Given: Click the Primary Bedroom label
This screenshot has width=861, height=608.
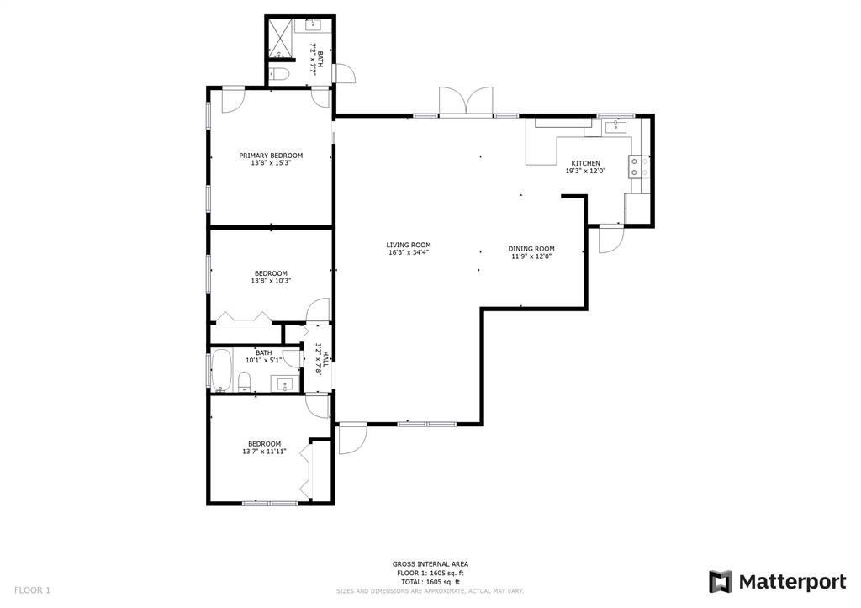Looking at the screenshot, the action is click(x=271, y=156).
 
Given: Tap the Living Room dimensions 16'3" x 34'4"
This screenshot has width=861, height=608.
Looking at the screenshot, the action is click(x=409, y=253).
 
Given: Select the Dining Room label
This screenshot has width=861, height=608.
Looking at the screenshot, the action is click(x=531, y=249).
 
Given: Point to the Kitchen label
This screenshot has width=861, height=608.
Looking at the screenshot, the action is click(x=586, y=163).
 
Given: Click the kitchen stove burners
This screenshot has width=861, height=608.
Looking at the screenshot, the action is click(x=639, y=167).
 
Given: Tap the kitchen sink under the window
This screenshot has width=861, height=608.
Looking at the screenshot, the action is click(x=615, y=128).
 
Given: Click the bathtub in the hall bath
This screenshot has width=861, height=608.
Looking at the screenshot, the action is click(x=221, y=370).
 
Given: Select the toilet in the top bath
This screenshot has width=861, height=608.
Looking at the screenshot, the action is click(x=279, y=75).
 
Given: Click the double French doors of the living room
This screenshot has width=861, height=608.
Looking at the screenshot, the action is click(x=466, y=102).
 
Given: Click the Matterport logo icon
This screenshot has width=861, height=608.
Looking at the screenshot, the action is click(x=721, y=582).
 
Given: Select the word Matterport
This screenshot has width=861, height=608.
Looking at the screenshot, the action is click(x=792, y=582).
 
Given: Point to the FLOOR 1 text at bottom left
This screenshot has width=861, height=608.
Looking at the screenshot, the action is click(x=32, y=590).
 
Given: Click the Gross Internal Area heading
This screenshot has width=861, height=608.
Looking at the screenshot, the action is click(x=430, y=564).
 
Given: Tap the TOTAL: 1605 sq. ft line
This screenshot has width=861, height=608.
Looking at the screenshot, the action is click(x=430, y=582).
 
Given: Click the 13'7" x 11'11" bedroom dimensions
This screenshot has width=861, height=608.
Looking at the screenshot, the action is click(x=264, y=452).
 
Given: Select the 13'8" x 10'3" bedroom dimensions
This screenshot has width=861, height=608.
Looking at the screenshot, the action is click(x=271, y=281).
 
